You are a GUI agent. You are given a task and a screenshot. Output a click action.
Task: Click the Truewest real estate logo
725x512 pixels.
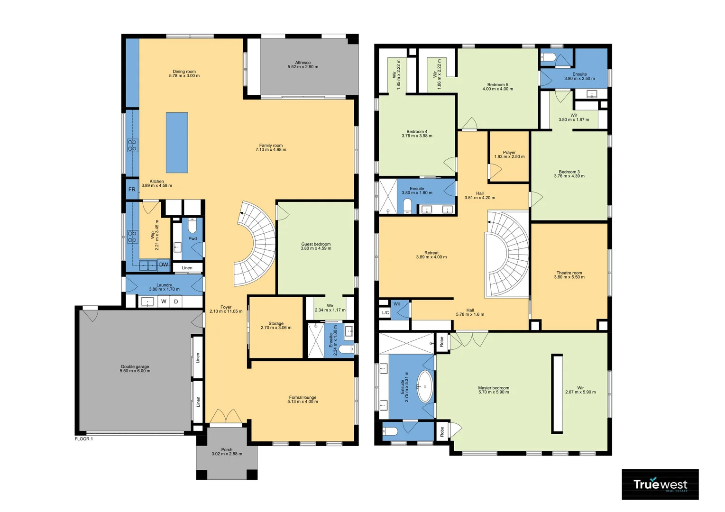(660, 485)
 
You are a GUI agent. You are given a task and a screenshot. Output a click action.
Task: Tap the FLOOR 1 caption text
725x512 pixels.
(84, 439)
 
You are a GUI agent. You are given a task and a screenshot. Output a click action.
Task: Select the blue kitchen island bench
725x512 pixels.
(177, 142)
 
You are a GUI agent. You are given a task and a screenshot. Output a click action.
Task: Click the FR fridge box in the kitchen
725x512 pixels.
(132, 190)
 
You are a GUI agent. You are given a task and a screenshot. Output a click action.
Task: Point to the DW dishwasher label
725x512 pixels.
(163, 265)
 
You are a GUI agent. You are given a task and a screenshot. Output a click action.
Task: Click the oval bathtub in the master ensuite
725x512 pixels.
(424, 386)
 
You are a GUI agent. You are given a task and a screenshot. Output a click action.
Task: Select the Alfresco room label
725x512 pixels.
(303, 63)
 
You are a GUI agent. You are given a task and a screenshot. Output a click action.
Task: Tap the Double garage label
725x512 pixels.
(135, 367)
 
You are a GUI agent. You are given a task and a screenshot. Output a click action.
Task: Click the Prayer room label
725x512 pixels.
(509, 153)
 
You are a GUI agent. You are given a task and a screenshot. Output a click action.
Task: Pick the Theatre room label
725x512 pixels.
(569, 273)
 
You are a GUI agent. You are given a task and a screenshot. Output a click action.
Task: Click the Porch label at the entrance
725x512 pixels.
(227, 449)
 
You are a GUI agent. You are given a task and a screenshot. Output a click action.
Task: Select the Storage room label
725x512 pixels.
(276, 323)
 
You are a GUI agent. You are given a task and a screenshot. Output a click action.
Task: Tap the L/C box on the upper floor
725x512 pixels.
(385, 313)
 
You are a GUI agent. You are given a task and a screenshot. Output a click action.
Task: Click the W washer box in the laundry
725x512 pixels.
(164, 302)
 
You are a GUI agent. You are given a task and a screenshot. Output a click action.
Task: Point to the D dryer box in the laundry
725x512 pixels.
(176, 302)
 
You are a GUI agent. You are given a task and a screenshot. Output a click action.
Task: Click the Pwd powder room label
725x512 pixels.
(193, 238)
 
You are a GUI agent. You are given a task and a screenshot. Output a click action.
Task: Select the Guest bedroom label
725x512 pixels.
(316, 244)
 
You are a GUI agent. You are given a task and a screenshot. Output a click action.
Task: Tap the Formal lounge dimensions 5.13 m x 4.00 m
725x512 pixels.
(303, 402)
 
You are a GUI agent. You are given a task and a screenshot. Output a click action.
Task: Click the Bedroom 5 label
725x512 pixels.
(497, 85)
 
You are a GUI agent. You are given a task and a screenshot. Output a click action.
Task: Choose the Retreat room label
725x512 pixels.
(431, 253)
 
